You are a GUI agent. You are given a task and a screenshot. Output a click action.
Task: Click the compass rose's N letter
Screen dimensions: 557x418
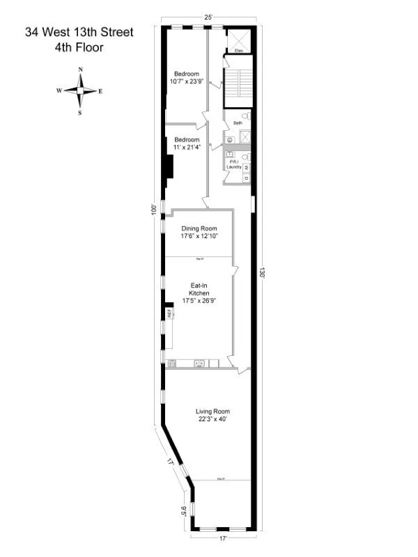click(x=82, y=70)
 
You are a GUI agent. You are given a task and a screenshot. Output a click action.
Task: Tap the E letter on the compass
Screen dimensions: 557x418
click(x=101, y=91)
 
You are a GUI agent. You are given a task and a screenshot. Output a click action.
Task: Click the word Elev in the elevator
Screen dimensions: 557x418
click(x=238, y=51)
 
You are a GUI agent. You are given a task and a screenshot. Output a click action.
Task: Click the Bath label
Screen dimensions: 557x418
click(x=238, y=123)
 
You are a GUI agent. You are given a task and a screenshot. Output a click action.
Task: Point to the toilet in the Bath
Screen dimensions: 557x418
click(x=246, y=117)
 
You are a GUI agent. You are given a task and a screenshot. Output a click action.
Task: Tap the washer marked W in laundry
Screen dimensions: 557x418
click(x=246, y=168)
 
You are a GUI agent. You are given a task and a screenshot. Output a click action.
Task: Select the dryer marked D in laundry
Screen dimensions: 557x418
click(x=246, y=178)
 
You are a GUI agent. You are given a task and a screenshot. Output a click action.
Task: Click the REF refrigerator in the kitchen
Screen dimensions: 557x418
click(x=169, y=314)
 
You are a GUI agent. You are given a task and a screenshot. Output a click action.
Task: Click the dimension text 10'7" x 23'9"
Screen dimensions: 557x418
click(x=187, y=81)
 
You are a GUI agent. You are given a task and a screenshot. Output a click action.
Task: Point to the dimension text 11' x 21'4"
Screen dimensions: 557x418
click(x=187, y=147)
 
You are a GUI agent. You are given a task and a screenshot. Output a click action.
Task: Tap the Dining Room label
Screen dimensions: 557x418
click(x=199, y=228)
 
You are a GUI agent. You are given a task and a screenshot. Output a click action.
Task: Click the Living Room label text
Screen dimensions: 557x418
click(x=212, y=411)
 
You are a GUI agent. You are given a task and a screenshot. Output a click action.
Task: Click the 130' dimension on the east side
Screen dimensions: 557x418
click(x=263, y=273)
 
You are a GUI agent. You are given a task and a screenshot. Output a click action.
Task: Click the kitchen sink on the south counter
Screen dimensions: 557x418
click(x=199, y=363)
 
